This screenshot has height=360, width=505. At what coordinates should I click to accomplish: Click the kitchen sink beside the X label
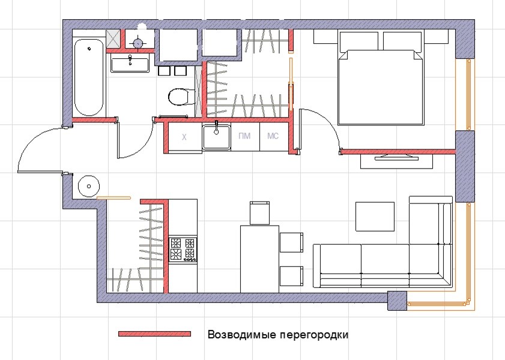[216, 137]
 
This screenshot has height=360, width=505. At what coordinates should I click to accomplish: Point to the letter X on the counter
[184, 137]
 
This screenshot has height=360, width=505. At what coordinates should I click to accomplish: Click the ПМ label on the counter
[244, 137]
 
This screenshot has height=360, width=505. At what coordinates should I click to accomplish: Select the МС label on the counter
[273, 137]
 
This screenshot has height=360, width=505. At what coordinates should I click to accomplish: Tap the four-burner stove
[183, 250]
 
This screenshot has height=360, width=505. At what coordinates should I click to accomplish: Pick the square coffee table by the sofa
[375, 217]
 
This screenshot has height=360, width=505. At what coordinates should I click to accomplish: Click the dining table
[259, 258]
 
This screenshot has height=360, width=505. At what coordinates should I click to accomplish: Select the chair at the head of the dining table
[259, 213]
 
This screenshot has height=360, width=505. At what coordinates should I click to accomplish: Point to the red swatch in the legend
[154, 334]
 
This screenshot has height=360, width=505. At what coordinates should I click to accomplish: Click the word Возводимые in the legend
[238, 334]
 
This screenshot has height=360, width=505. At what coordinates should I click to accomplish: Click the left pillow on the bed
[359, 41]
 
